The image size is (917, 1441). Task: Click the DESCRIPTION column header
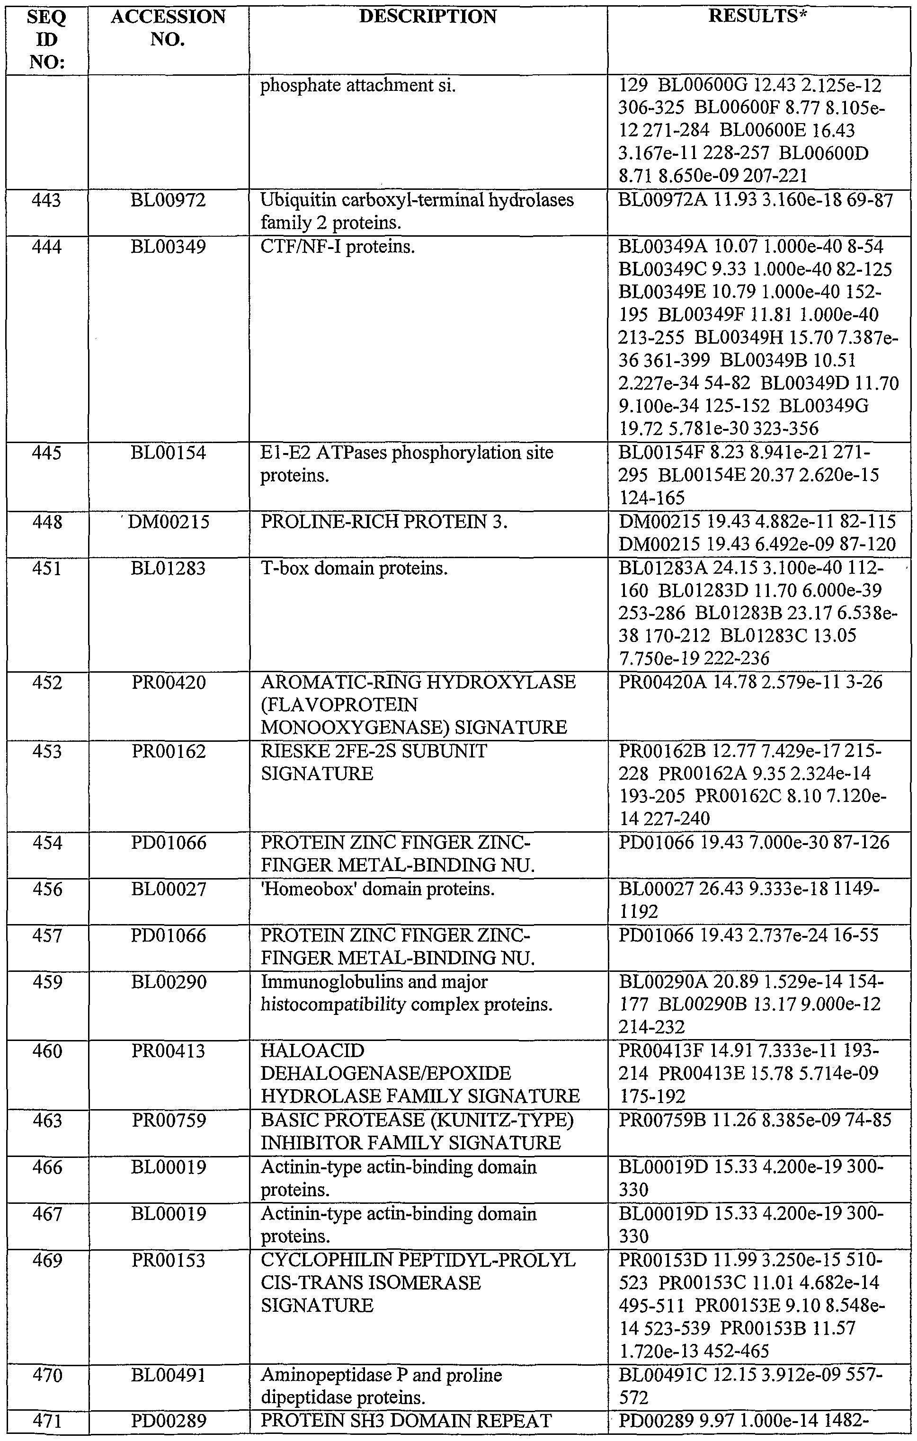[427, 17]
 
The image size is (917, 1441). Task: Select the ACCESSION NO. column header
[168, 27]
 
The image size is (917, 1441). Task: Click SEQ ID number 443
[47, 200]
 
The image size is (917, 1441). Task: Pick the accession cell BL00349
[168, 247]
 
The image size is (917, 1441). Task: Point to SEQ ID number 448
[47, 523]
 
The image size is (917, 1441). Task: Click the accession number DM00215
[169, 523]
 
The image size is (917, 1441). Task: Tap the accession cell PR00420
[168, 682]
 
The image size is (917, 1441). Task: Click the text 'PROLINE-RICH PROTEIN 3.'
[383, 523]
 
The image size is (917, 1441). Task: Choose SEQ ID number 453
[47, 751]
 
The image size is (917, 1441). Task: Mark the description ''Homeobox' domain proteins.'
[378, 889]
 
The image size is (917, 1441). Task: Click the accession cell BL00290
[168, 982]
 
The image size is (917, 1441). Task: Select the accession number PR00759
[168, 1120]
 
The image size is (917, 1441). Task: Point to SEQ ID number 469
[47, 1260]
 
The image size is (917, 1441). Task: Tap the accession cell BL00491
[168, 1375]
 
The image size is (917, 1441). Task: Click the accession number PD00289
[168, 1421]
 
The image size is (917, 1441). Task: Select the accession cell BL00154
[168, 453]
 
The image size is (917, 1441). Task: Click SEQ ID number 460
[47, 1051]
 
